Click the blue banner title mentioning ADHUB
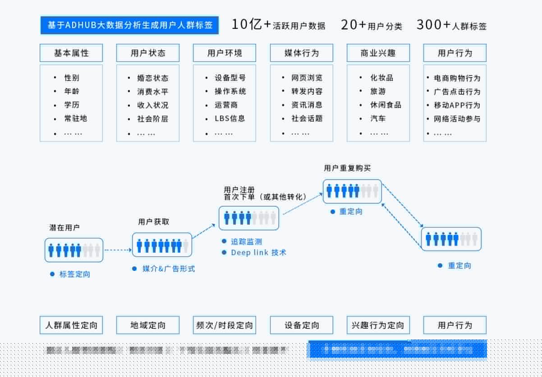coord(129,25)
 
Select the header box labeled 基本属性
coord(71,53)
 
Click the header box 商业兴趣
coord(378,53)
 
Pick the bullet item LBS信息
coord(230,119)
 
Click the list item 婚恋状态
coord(152,78)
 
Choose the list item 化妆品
coord(381,78)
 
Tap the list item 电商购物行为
coord(457,78)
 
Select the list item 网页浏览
coord(307,78)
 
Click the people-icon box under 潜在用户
coord(74,250)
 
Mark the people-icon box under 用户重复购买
coord(352,191)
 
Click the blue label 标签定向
coord(75,274)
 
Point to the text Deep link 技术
coord(258,253)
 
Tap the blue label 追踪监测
coord(246,242)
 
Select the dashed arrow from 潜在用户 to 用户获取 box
coord(117,249)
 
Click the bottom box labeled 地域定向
coord(148,325)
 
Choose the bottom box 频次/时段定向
coord(225,325)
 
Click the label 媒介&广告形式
coord(169,269)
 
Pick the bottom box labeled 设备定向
coord(302,325)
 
